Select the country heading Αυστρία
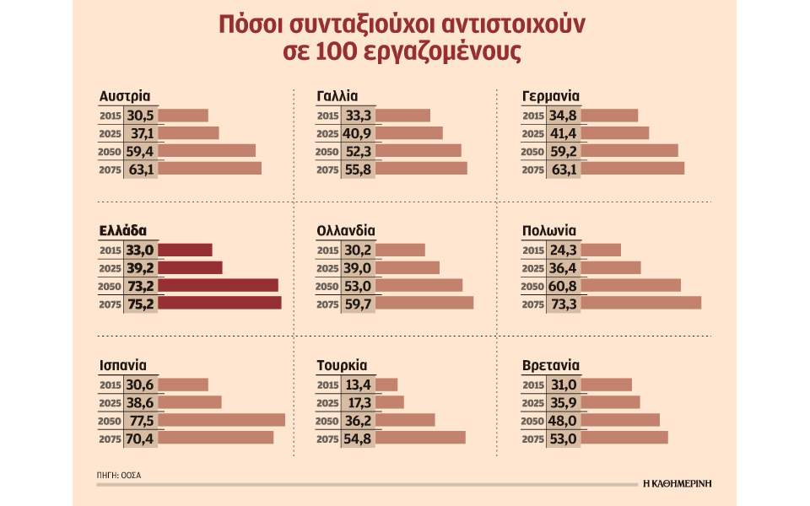pyautogui.click(x=124, y=96)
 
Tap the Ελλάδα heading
pyautogui.click(x=122, y=230)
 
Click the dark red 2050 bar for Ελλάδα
pyautogui.click(x=218, y=285)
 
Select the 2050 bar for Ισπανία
pyautogui.click(x=221, y=420)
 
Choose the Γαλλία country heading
pyautogui.click(x=337, y=96)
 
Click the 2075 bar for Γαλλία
pyautogui.click(x=407, y=169)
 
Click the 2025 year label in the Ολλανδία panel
pyautogui.click(x=328, y=268)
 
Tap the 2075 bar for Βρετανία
pyautogui.click(x=624, y=438)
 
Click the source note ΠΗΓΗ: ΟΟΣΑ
pyautogui.click(x=119, y=475)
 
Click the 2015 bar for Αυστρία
pyautogui.click(x=182, y=115)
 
